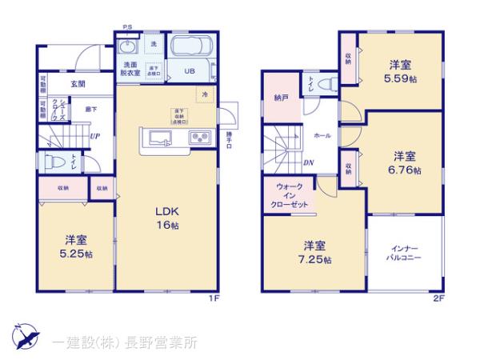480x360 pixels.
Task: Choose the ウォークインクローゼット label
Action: pyautogui.click(x=289, y=194)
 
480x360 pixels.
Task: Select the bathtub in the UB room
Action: pyautogui.click(x=190, y=47)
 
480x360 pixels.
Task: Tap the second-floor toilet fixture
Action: pyautogui.click(x=322, y=82)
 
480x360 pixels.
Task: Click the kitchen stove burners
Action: pyautogui.click(x=199, y=138)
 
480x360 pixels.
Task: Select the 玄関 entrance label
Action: pyautogui.click(x=77, y=83)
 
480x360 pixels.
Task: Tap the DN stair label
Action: pyautogui.click(x=309, y=163)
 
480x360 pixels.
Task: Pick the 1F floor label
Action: pyautogui.click(x=214, y=298)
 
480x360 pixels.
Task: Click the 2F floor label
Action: pyautogui.click(x=438, y=298)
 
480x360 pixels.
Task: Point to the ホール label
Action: pyautogui.click(x=323, y=136)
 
